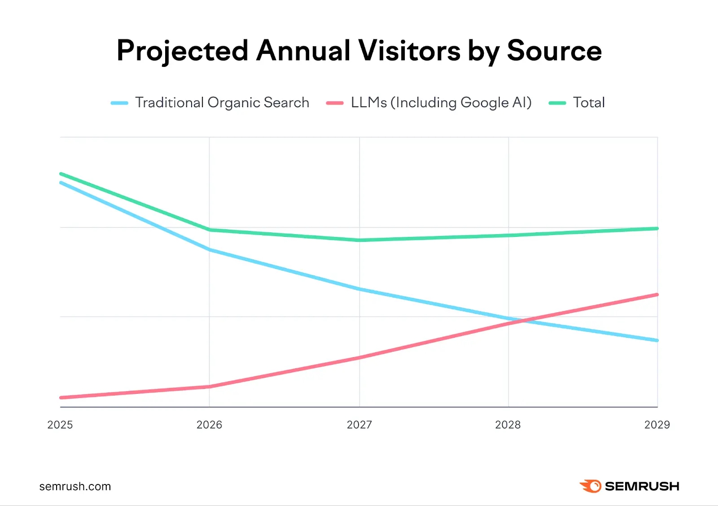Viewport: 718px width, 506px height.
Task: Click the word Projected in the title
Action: click(182, 51)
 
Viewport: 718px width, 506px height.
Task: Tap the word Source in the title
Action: click(554, 51)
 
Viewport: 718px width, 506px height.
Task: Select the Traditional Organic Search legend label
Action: click(222, 103)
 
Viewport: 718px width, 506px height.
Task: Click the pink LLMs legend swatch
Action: click(335, 103)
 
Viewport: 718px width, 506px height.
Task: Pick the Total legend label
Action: click(589, 103)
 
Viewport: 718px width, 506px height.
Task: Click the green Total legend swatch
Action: click(557, 103)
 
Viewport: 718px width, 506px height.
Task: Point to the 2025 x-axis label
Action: click(60, 425)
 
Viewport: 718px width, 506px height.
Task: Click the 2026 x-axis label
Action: click(209, 425)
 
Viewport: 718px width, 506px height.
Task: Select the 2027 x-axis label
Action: click(359, 425)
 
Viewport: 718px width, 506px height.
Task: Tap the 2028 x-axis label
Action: click(508, 425)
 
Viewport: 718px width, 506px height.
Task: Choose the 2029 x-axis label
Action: click(657, 425)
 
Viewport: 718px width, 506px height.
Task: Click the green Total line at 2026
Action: click(210, 230)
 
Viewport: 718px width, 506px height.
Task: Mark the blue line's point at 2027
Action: click(359, 289)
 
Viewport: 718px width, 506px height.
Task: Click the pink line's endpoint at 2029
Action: click(657, 295)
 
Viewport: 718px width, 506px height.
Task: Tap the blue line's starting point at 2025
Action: click(61, 183)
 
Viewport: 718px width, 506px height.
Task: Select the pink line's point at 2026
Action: click(210, 386)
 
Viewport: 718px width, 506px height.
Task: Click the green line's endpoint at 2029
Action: click(657, 229)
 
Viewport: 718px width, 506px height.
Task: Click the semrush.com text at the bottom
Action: click(75, 487)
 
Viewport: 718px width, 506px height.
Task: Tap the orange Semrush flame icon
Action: click(591, 486)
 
